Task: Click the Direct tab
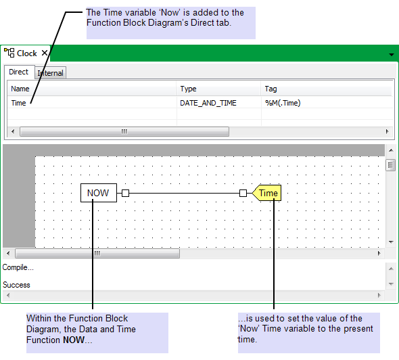[18, 72]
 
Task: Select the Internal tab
[51, 73]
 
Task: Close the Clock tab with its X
[45, 53]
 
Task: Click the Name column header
[20, 89]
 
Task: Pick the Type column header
[188, 89]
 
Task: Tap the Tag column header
[271, 89]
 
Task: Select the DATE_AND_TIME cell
[208, 103]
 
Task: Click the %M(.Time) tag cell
[283, 103]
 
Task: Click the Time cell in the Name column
[18, 103]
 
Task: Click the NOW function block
[99, 193]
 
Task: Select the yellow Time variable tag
[266, 193]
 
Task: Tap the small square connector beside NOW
[126, 194]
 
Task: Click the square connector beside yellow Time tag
[243, 194]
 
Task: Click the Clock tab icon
[9, 53]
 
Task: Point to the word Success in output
[16, 285]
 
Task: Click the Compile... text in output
[18, 267]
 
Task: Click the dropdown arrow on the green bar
[392, 55]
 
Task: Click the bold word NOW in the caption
[74, 340]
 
